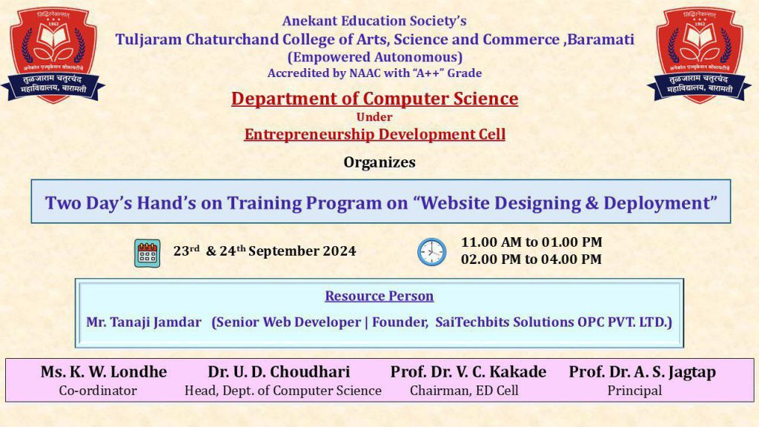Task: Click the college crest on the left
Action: (53, 55)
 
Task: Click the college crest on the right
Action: (699, 55)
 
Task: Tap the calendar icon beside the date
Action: (148, 254)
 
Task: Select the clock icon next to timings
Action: (432, 252)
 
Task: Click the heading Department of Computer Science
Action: (374, 99)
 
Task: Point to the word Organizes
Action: (379, 162)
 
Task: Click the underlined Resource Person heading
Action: (379, 296)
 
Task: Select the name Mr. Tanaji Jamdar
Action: (144, 322)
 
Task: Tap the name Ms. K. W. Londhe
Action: (104, 372)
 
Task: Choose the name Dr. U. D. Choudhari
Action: (279, 372)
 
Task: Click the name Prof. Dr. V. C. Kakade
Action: (468, 372)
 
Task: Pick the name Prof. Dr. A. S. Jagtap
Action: (643, 372)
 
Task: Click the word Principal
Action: (634, 391)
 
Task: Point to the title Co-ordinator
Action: (98, 391)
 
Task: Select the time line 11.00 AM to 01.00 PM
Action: (531, 242)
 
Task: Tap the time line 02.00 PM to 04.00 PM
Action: (531, 259)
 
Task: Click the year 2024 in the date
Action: (339, 251)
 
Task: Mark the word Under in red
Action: (374, 117)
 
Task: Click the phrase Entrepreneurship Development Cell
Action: (374, 134)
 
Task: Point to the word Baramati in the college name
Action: (600, 39)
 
